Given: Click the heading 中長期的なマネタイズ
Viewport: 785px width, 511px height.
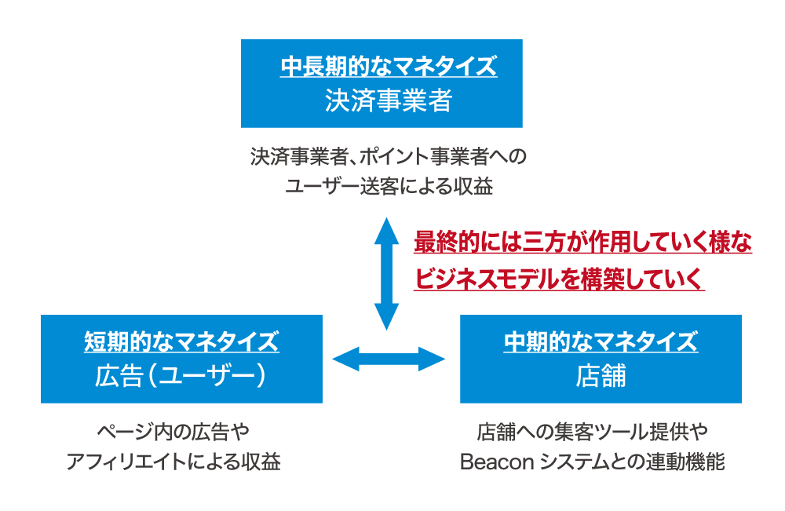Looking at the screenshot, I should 389,67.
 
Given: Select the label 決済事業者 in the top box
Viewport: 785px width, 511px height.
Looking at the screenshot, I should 389,101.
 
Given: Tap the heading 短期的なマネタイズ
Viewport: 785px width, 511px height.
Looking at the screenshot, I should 181,341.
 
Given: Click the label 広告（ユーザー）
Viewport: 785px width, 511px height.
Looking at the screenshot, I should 181,377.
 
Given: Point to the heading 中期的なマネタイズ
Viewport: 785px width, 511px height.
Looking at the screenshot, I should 601,341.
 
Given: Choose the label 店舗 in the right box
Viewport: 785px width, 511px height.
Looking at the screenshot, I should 601,377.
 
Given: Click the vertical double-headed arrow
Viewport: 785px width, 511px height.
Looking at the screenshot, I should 386,272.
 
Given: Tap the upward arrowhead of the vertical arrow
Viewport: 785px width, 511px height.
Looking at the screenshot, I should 386,228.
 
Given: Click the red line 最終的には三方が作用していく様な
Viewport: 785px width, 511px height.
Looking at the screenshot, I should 583,243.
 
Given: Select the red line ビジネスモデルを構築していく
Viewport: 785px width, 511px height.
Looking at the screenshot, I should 559,279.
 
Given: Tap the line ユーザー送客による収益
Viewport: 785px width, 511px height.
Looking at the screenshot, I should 389,187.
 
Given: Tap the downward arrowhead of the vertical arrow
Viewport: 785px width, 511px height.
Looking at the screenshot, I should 386,319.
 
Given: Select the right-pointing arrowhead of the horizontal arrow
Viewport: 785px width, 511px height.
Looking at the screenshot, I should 432,360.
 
